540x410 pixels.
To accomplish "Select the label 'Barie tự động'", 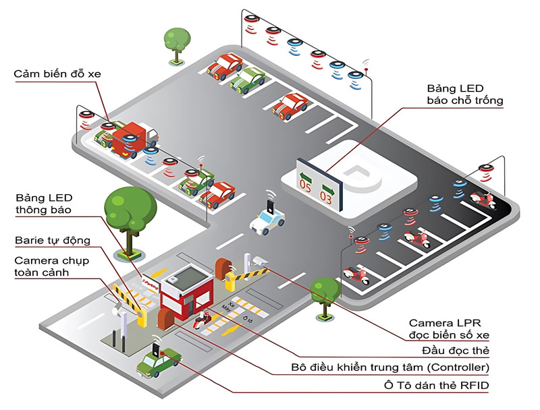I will point(52,241).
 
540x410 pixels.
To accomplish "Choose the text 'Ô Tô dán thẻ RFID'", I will point(439,385).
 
